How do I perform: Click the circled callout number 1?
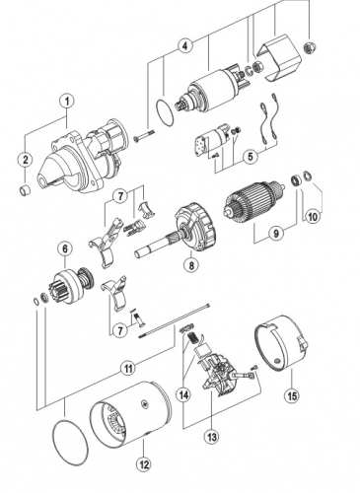67,102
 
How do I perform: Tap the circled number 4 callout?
185,45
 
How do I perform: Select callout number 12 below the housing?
144,464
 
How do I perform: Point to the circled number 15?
292,395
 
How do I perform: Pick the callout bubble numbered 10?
313,217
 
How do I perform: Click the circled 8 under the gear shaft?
191,264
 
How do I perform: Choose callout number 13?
211,437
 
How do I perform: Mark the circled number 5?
251,157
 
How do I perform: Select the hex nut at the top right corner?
310,47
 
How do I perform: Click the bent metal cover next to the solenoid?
282,58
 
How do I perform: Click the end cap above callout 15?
281,342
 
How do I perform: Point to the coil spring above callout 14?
192,337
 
